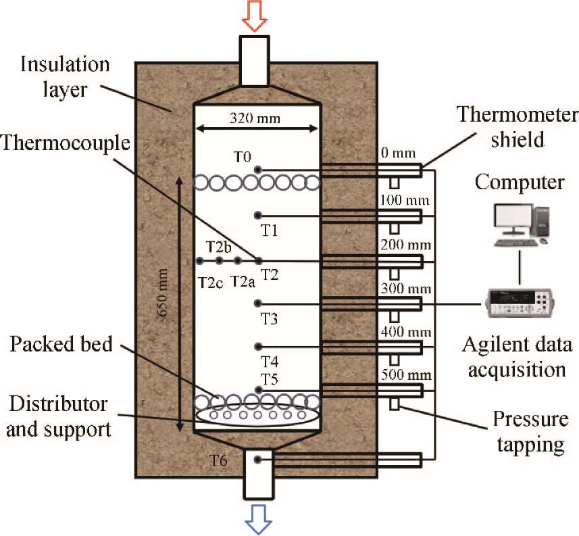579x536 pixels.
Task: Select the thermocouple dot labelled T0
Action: point(258,170)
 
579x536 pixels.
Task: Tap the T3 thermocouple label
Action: point(270,318)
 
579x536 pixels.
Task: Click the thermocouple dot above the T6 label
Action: point(258,460)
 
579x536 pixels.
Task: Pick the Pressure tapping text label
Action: point(529,433)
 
